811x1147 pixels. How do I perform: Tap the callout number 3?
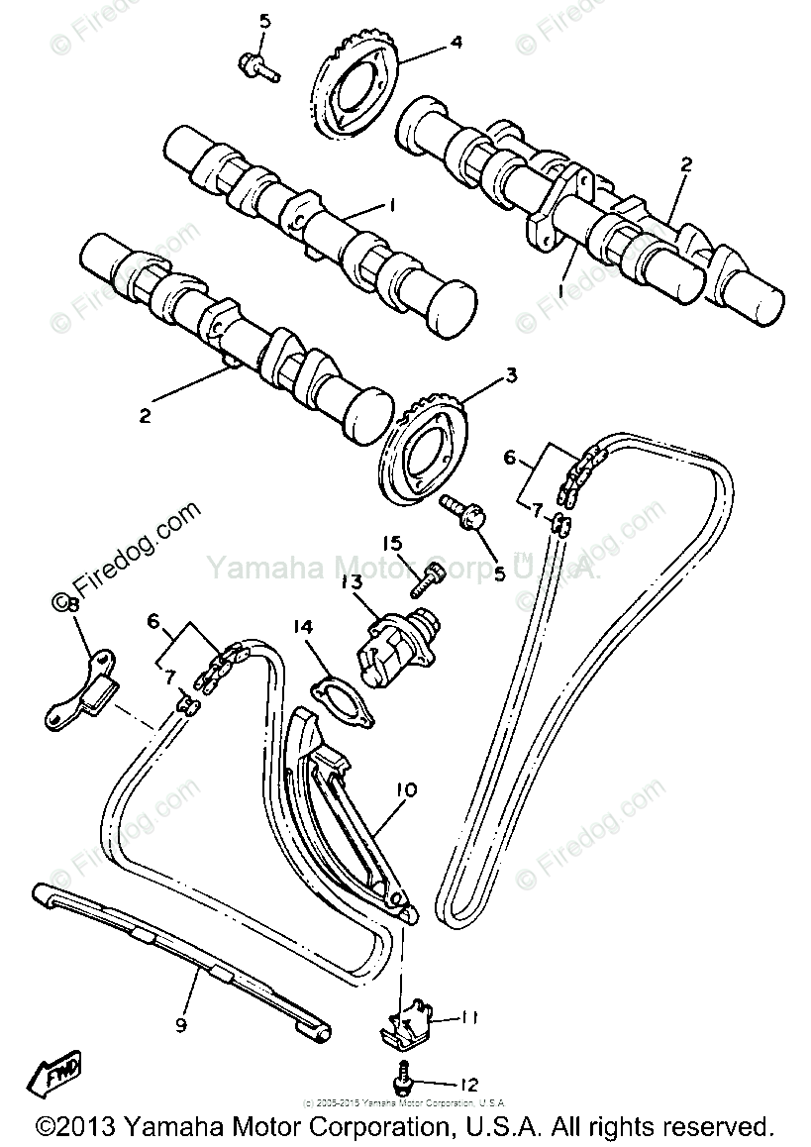tap(511, 375)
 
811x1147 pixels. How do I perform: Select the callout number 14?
tap(302, 626)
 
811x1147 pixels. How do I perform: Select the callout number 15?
tap(394, 543)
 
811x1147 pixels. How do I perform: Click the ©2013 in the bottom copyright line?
tap(77, 1127)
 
